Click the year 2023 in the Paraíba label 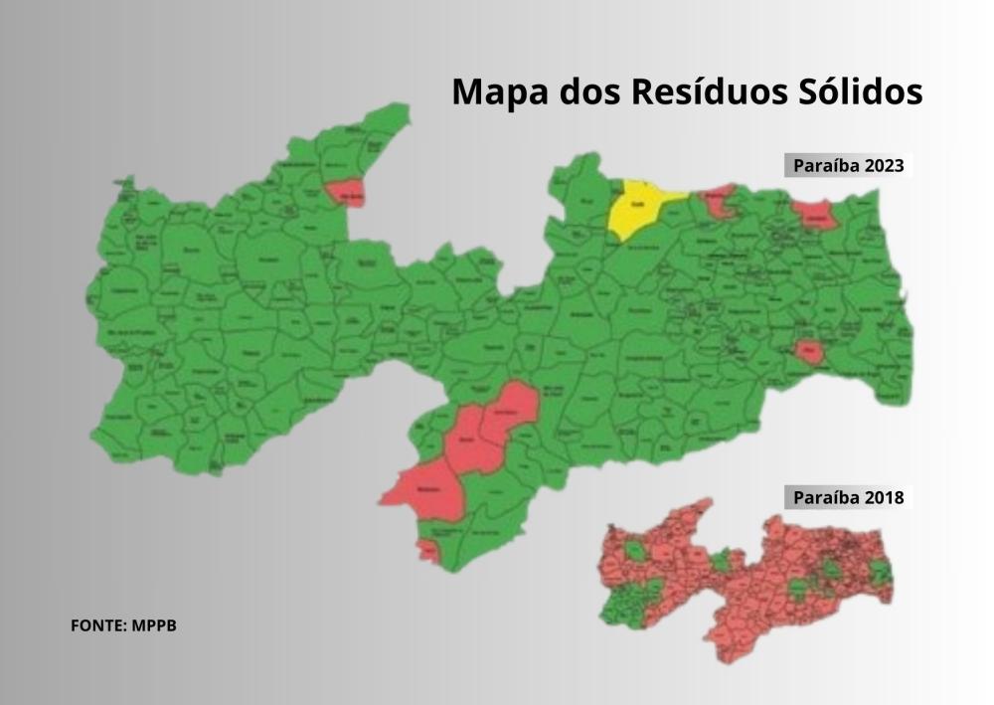coord(884,165)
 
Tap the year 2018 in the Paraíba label coord(884,497)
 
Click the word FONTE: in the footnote coord(97,626)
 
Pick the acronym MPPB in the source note coord(154,626)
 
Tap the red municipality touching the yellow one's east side coord(719,201)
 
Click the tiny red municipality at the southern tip coord(428,549)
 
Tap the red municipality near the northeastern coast coord(815,213)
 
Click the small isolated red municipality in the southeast coord(809,351)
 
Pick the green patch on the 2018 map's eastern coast coord(880,572)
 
